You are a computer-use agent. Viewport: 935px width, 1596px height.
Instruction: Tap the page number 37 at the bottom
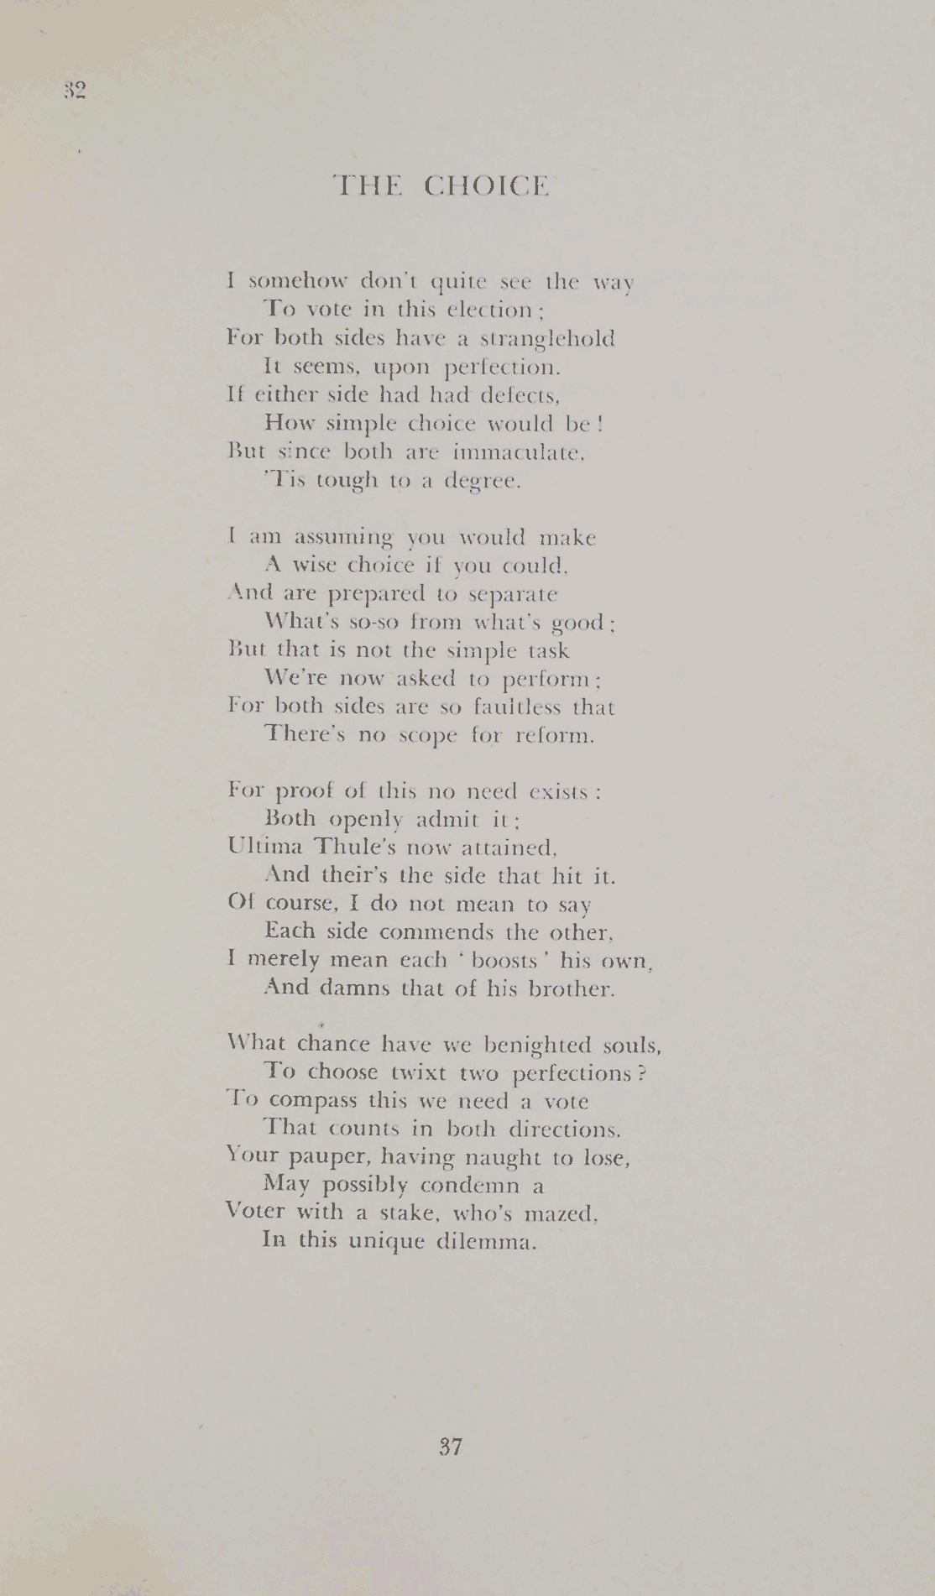[x=451, y=1447]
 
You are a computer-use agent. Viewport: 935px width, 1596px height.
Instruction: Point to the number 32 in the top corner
[x=75, y=91]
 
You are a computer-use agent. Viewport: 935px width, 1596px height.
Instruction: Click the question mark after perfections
[x=641, y=1073]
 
